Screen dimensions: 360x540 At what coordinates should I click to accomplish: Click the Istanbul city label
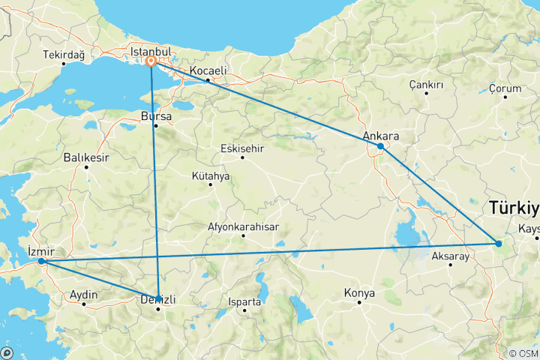tap(151, 51)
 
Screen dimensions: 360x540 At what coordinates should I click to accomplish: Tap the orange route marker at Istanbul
tap(151, 62)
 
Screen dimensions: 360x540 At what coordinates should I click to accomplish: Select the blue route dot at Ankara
tap(381, 146)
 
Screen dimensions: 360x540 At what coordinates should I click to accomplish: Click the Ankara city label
tap(379, 136)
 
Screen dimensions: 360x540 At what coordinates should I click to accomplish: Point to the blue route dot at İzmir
tap(41, 262)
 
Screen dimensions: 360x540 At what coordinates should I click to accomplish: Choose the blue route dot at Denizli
tap(158, 297)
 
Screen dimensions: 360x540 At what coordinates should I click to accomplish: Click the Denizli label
tap(158, 300)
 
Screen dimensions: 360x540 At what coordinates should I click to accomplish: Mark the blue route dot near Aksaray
tap(499, 243)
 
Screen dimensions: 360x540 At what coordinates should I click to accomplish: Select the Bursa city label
tap(156, 117)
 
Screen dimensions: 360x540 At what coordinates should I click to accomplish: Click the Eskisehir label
tap(242, 148)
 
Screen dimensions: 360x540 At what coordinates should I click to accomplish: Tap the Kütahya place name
tap(211, 177)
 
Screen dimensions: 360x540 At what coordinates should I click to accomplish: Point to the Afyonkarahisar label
tap(243, 226)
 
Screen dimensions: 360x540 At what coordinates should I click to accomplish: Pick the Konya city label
tap(359, 292)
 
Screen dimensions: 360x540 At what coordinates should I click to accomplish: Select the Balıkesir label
tap(87, 158)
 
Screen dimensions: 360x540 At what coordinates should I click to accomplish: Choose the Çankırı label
tap(426, 85)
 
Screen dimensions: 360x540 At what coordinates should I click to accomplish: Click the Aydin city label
tap(83, 295)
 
